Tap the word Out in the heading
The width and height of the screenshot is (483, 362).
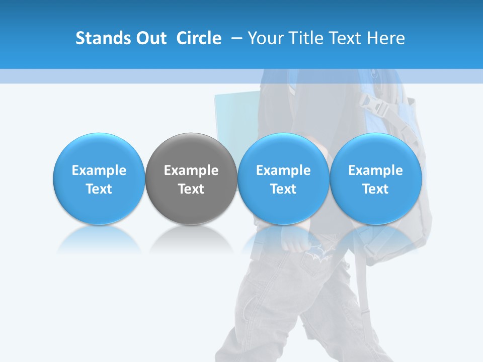(x=150, y=38)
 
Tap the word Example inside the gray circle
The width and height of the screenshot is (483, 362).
(x=191, y=171)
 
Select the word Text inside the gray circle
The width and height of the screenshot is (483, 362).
(x=191, y=189)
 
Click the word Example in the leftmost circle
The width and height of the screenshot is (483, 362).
(x=99, y=171)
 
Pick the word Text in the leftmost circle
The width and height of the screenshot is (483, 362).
(x=99, y=189)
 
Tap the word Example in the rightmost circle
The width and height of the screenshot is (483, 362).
(x=375, y=171)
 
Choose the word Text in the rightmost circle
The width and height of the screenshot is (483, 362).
(x=375, y=189)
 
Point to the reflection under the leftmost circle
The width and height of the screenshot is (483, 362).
(x=99, y=238)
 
